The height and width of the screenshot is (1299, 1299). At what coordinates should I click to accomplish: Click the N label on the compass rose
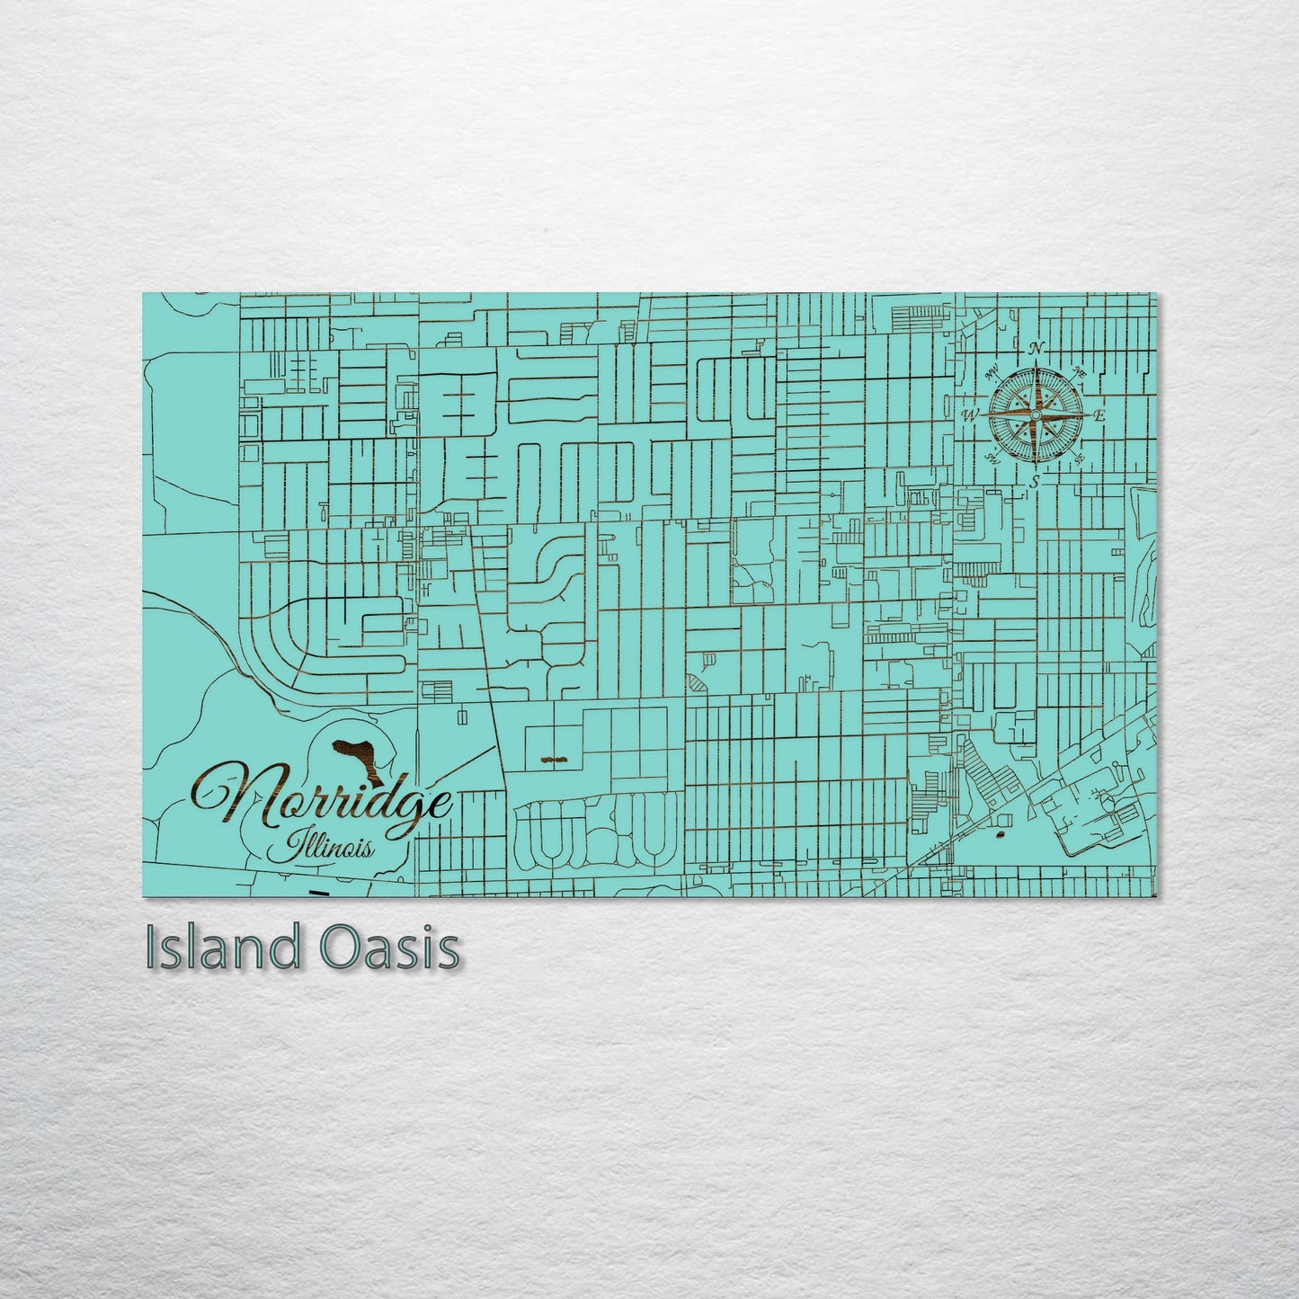click(x=1036, y=348)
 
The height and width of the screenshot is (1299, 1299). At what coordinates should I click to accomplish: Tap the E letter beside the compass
click(x=1099, y=416)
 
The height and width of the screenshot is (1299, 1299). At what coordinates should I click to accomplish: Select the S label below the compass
click(x=1035, y=483)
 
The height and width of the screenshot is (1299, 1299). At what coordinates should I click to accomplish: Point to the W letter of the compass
click(x=970, y=415)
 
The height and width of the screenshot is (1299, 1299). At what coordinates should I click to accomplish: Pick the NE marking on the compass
click(x=1080, y=372)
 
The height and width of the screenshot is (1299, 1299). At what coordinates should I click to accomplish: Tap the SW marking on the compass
click(x=992, y=458)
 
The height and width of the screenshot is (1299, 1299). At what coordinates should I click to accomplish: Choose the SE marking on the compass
click(x=1079, y=459)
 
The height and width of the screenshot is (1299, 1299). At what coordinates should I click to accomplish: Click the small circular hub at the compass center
click(x=1036, y=416)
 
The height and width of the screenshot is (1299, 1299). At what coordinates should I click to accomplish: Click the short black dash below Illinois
click(x=317, y=893)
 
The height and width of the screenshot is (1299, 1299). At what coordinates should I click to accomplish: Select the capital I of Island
click(x=154, y=948)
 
